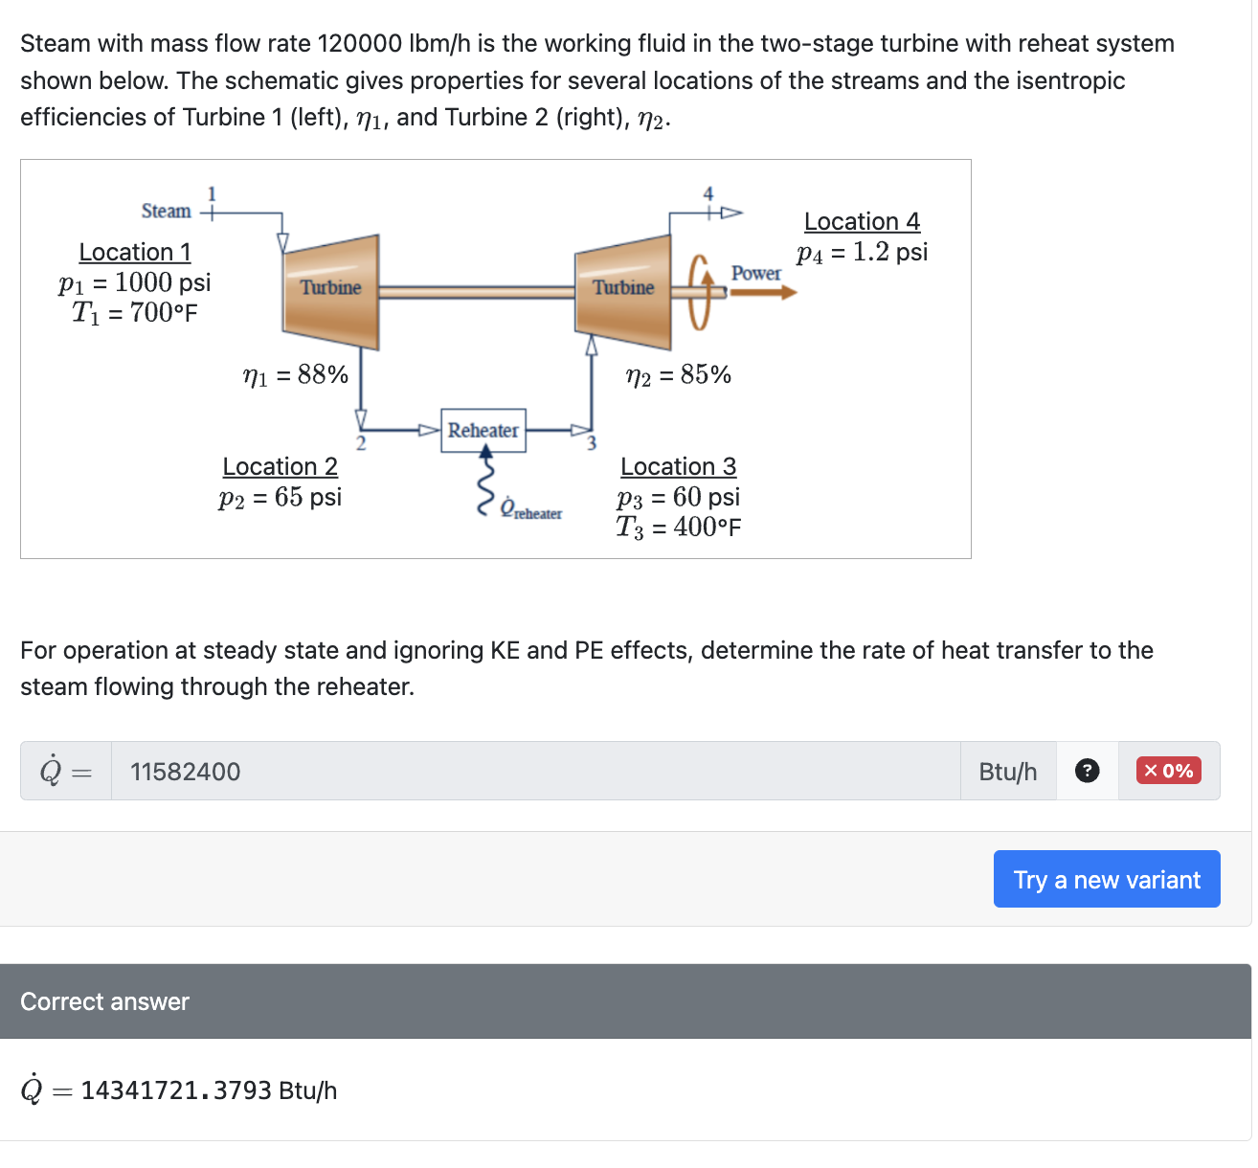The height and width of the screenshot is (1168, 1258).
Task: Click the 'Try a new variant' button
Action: [x=1106, y=879]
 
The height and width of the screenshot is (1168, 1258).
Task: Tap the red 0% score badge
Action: [x=1168, y=771]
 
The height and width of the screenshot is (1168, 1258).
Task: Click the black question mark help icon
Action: [x=1087, y=771]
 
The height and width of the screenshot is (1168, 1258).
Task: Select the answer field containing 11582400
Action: [x=535, y=771]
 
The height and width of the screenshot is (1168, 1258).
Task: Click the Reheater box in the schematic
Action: [x=483, y=431]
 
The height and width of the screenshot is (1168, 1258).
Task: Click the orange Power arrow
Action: [x=763, y=291]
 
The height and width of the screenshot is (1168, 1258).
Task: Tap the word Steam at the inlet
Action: [x=166, y=212]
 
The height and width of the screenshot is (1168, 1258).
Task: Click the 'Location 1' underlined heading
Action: [x=135, y=252]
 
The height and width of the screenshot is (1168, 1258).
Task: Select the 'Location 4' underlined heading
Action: [x=862, y=221]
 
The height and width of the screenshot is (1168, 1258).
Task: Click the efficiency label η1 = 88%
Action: [x=296, y=374]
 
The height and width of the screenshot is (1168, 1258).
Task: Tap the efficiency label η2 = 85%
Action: [x=678, y=374]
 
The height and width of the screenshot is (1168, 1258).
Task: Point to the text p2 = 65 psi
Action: [x=280, y=497]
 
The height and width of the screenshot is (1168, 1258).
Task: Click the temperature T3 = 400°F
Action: [x=678, y=527]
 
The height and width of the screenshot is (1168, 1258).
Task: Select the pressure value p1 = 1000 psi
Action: [x=135, y=282]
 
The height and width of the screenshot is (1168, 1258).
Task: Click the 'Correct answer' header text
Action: [x=104, y=1001]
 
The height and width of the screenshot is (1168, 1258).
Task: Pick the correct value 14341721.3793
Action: [x=176, y=1090]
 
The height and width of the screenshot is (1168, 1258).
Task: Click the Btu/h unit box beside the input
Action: [x=1007, y=771]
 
